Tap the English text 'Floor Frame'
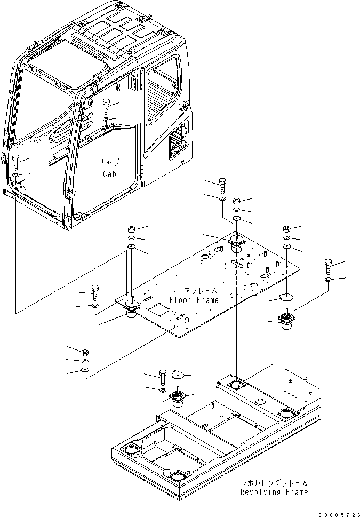click(x=194, y=300)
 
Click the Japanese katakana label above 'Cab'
click(x=109, y=163)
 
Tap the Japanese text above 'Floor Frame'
click(x=194, y=291)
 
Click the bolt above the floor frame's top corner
click(x=221, y=185)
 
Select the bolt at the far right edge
click(x=327, y=265)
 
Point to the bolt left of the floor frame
click(x=95, y=292)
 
